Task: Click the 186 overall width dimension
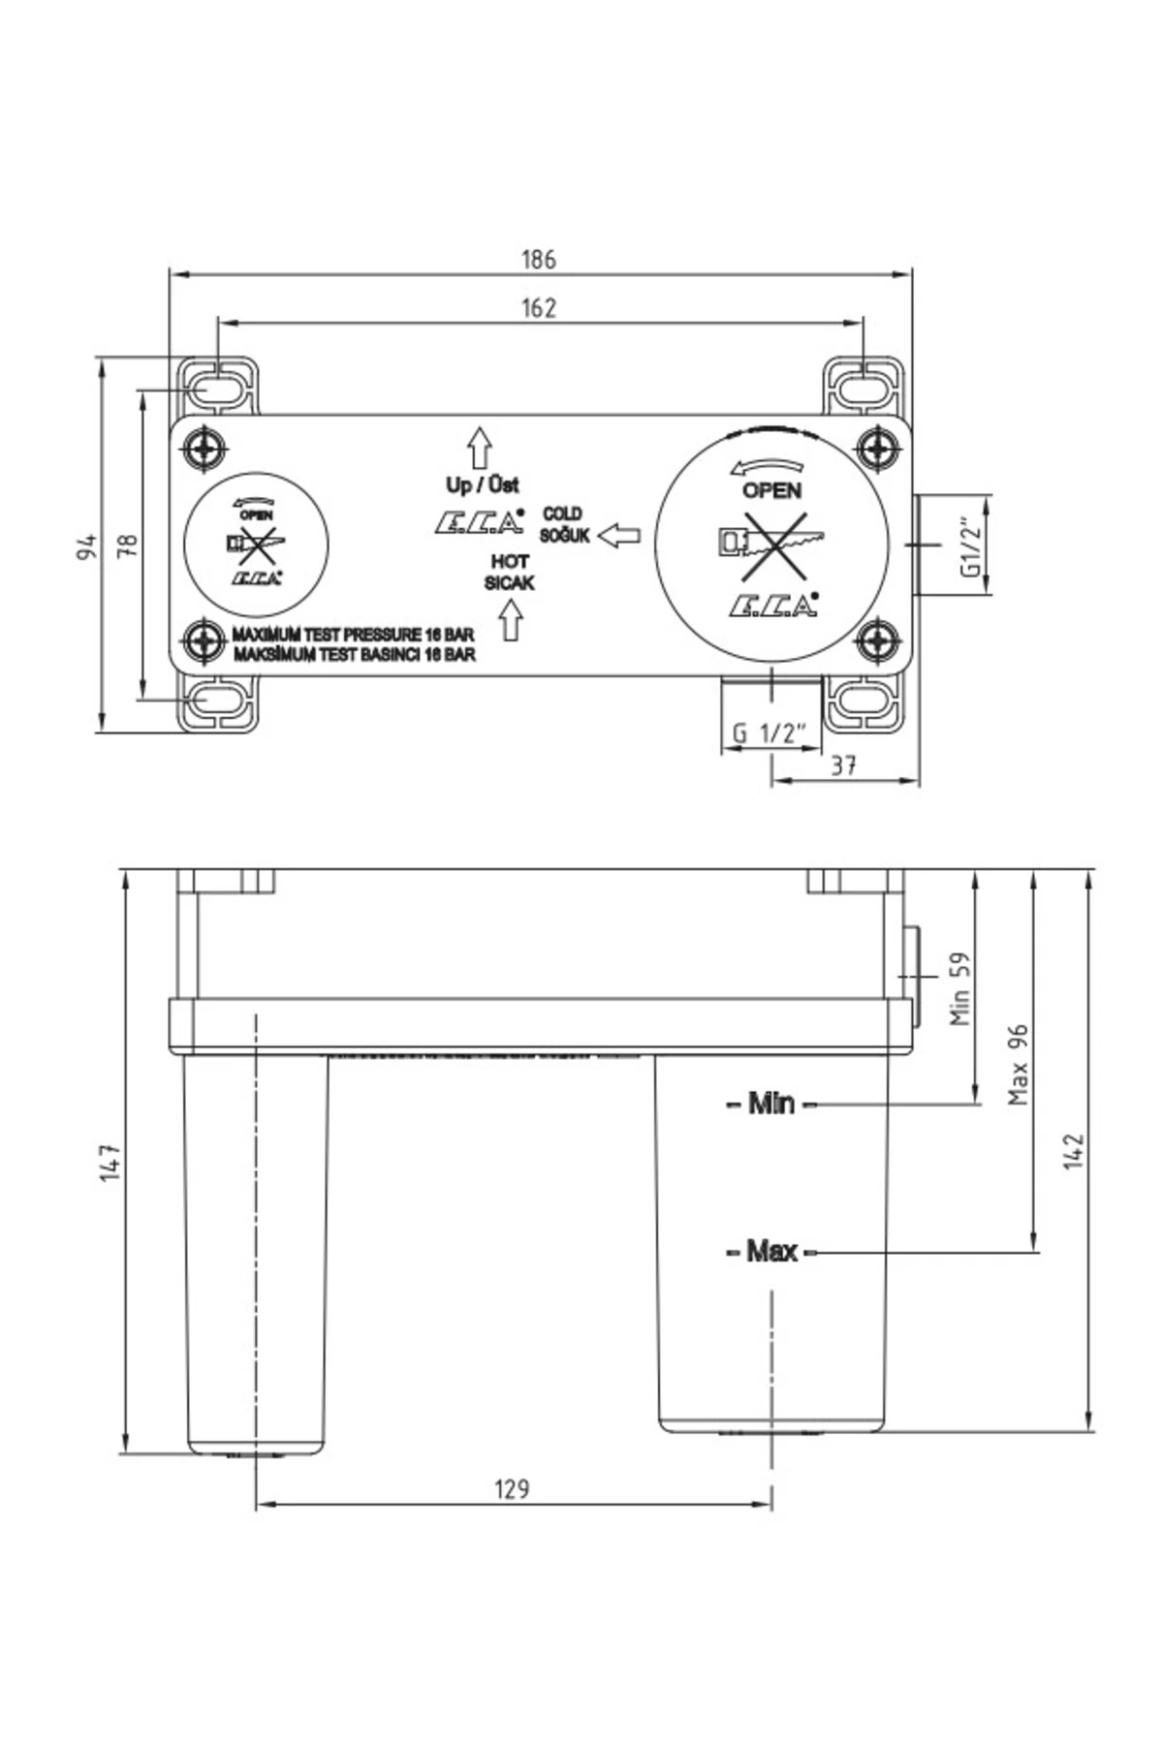539,260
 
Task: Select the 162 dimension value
539,307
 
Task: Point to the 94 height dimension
86,546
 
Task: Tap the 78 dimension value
128,545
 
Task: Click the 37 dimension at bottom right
844,764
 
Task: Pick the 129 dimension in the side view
512,1488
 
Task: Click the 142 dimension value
1074,1151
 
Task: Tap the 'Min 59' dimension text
959,988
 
